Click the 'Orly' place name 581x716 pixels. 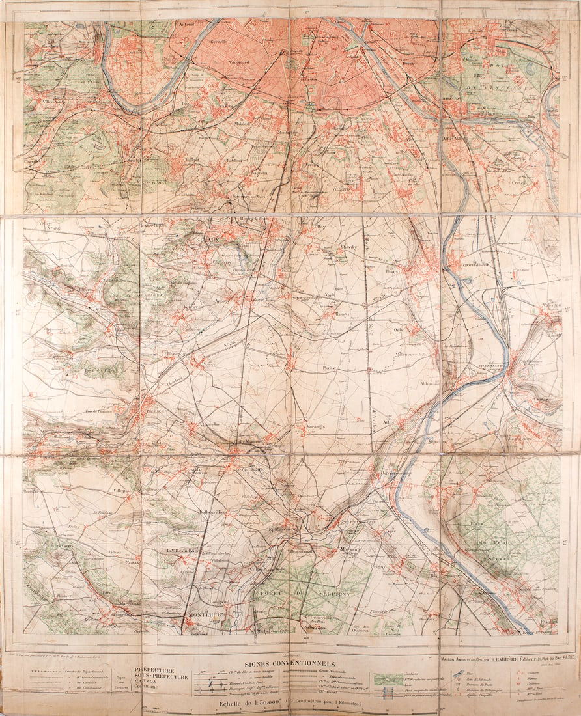tap(397, 329)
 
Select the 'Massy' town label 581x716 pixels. tap(209, 365)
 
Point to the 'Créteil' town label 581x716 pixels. tap(518, 183)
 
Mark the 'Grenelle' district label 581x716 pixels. tap(218, 42)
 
